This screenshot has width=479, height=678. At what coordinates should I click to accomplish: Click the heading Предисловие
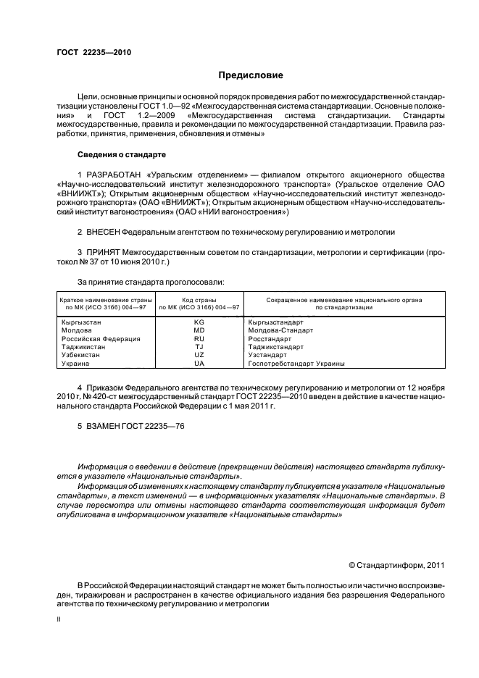click(x=251, y=75)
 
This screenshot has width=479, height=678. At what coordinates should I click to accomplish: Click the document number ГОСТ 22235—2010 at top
click(x=94, y=53)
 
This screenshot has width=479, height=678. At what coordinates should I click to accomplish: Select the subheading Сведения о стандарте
click(x=122, y=154)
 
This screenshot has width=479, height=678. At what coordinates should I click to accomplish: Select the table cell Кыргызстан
click(x=81, y=321)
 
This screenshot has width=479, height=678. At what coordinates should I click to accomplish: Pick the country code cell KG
click(x=199, y=321)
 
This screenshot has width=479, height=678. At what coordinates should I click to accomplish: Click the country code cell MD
click(x=199, y=330)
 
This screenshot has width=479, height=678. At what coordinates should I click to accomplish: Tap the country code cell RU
click(x=199, y=338)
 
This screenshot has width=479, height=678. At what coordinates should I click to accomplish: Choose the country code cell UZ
click(x=199, y=355)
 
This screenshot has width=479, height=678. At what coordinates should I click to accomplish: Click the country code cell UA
click(x=199, y=364)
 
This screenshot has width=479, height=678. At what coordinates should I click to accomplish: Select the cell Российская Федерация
click(x=101, y=338)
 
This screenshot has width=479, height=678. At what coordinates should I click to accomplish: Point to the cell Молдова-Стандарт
click(x=280, y=330)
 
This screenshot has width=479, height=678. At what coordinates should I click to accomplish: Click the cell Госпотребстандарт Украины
click(x=296, y=364)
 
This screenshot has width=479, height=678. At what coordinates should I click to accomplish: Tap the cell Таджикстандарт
click(x=275, y=347)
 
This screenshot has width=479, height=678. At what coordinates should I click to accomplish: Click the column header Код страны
click(x=199, y=299)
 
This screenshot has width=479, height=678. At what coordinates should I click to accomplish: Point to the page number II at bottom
click(x=59, y=619)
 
